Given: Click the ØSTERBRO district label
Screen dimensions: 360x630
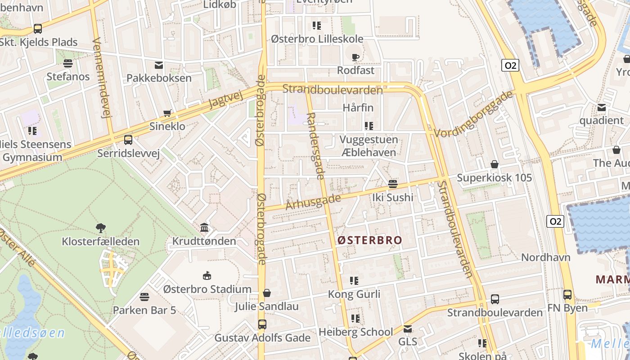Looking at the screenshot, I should [x=369, y=240].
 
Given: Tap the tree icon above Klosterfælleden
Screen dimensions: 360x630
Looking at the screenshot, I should [x=101, y=228].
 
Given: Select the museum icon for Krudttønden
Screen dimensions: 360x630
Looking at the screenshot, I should [x=204, y=227].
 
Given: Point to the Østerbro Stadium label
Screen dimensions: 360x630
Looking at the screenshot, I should [x=207, y=289].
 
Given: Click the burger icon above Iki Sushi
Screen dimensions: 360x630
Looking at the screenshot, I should [x=393, y=184].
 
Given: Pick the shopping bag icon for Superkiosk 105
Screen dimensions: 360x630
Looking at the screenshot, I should [x=495, y=165].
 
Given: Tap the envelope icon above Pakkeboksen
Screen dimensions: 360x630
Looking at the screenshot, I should [x=159, y=65].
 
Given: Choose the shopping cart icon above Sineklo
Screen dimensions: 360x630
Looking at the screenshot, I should [x=167, y=113].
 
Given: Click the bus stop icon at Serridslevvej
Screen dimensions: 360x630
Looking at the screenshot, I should [x=128, y=140].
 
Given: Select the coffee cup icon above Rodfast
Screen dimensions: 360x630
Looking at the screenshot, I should [x=355, y=57].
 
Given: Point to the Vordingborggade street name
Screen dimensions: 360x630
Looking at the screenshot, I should [x=474, y=112].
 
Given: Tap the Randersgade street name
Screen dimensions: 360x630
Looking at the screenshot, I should [x=315, y=146].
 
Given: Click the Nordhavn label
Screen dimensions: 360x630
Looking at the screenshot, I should [x=546, y=257].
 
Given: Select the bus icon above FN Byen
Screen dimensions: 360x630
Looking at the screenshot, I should [x=567, y=295].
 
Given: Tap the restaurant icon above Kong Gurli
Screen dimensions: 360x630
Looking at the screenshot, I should [x=354, y=281].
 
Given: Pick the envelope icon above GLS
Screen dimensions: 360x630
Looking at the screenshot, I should [x=408, y=329].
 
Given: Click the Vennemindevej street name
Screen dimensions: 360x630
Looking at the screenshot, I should [x=101, y=78].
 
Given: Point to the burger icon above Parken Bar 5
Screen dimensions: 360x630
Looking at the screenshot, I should [x=144, y=297].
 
